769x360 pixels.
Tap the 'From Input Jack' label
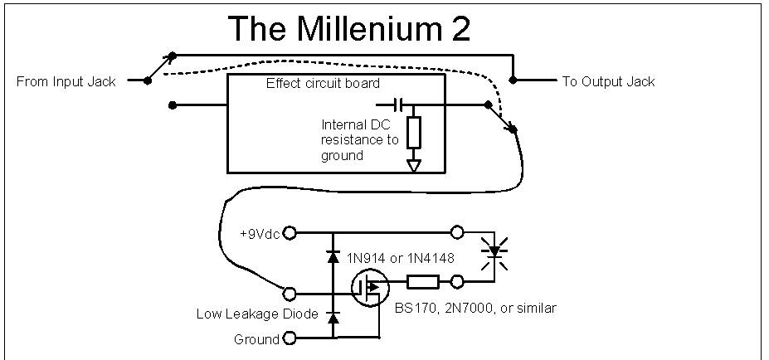[x=66, y=81]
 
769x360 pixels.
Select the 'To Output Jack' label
[x=608, y=81]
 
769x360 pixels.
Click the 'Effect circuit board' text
[x=324, y=84]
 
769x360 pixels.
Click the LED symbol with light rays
[x=496, y=249]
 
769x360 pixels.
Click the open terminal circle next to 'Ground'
[x=290, y=338]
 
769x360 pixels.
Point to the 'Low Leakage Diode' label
[x=247, y=314]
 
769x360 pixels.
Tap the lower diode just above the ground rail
[x=333, y=318]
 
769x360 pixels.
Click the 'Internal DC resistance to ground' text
[x=360, y=139]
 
